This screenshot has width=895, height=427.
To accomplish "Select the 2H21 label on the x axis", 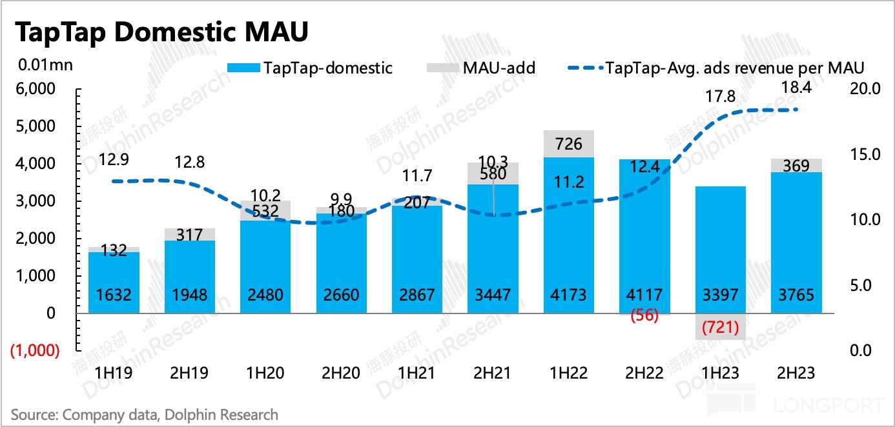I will pos(493,373).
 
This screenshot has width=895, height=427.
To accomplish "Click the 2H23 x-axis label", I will pos(796,373).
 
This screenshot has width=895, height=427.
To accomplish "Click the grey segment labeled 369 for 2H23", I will pos(796,166).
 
